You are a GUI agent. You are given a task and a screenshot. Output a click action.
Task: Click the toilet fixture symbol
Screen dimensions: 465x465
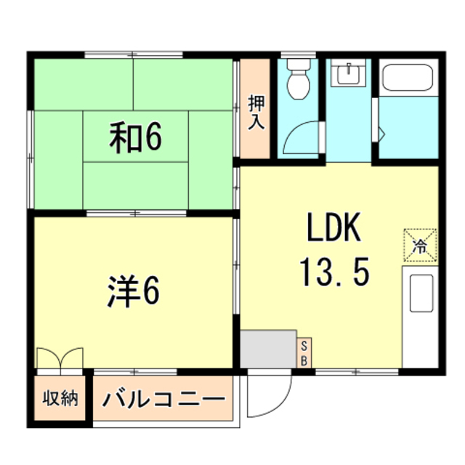point(299,79)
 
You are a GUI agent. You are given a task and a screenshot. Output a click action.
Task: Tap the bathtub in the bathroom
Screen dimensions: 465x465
point(408,78)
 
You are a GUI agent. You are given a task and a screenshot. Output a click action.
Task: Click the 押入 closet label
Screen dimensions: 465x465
point(256,112)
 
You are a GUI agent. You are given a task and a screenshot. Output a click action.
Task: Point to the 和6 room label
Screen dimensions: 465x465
point(136,137)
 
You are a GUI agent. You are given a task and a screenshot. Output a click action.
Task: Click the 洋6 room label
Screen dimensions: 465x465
point(134,291)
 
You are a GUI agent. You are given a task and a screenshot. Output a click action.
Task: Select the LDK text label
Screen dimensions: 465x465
point(334,227)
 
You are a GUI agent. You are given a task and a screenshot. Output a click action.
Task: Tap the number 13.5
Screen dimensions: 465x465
point(335,271)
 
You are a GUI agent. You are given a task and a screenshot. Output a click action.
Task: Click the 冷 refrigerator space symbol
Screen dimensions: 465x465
point(420,246)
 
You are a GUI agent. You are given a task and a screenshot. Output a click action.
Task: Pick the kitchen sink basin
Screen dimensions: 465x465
point(421,293)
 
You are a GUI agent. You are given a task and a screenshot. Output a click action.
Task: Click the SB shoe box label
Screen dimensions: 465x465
point(304,353)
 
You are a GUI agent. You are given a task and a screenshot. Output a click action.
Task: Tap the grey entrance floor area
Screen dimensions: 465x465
point(268,349)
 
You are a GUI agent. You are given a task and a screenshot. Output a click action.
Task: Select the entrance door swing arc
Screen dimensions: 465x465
point(281,405)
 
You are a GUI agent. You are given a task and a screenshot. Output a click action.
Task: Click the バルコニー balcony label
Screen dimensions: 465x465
point(163,399)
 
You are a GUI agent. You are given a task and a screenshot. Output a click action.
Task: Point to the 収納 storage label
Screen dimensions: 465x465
point(60,398)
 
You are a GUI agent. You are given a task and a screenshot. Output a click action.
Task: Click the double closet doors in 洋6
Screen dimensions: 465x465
point(60,358)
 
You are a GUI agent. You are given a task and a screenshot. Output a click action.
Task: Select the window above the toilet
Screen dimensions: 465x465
point(299,55)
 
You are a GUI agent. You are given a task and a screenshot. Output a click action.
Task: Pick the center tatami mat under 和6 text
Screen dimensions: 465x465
point(136,137)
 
